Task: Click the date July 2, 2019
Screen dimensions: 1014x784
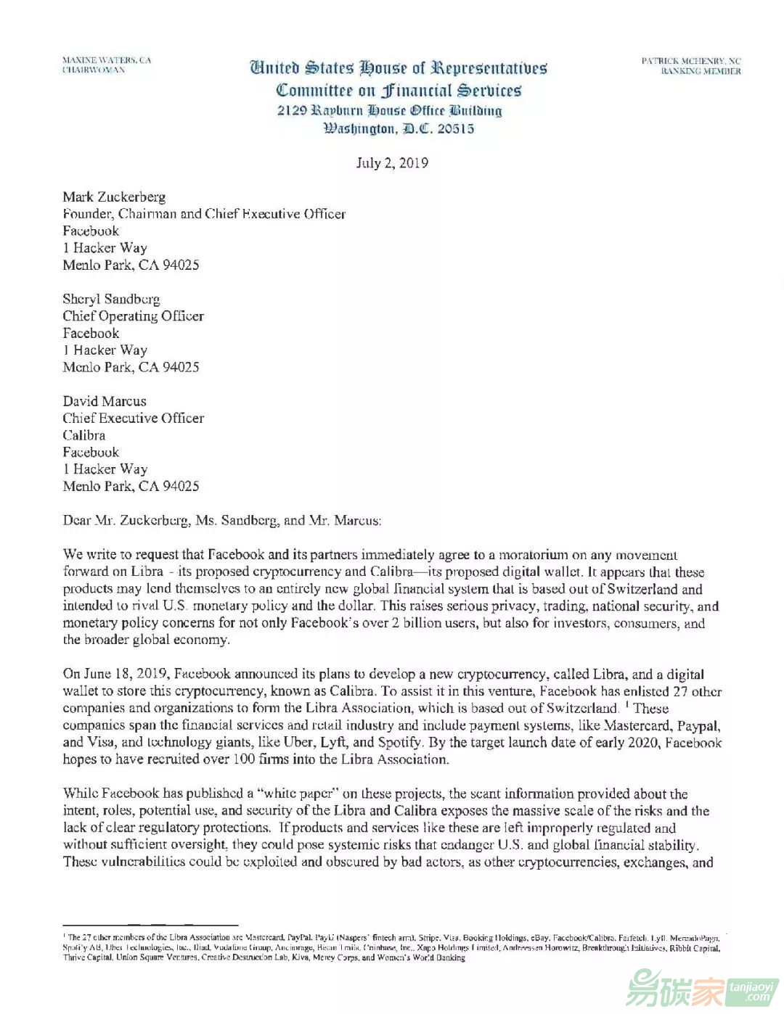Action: coord(391,162)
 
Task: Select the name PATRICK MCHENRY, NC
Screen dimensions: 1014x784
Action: coord(690,61)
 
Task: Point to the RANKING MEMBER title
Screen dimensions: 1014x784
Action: coord(700,71)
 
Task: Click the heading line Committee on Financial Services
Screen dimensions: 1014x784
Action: coord(399,91)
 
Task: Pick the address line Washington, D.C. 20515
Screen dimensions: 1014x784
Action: coord(399,129)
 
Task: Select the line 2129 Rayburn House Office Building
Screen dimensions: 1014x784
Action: coord(390,111)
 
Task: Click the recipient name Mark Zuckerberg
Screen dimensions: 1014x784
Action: coord(114,197)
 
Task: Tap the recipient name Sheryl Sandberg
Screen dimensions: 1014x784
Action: coord(111,299)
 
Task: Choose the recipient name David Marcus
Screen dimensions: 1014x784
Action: coord(105,401)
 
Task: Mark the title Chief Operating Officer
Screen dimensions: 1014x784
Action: coord(133,316)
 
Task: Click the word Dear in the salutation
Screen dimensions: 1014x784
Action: coord(78,520)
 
